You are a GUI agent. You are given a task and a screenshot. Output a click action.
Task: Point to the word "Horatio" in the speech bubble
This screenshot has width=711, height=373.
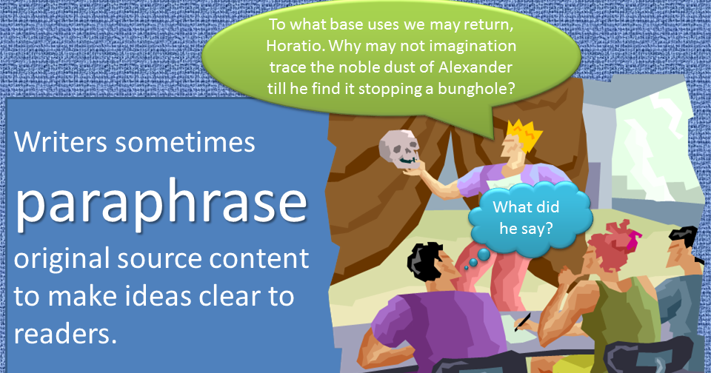[x=295, y=47]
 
